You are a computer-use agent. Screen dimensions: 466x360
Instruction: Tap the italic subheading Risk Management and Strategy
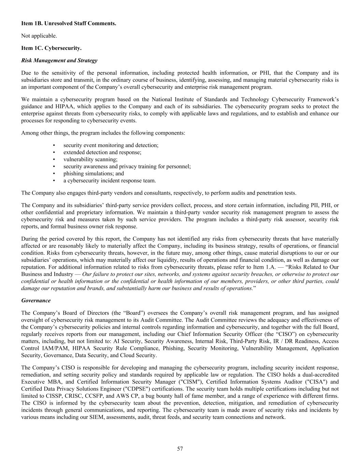(x=59, y=60)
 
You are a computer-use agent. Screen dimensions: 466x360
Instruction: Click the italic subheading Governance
(x=36, y=300)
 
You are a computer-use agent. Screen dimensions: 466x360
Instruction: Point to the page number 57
(x=180, y=449)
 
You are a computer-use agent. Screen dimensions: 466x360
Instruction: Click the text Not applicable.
(x=39, y=36)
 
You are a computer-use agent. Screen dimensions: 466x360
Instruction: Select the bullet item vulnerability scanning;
(x=90, y=159)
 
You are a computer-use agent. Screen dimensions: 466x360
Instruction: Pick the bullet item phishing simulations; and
(x=93, y=173)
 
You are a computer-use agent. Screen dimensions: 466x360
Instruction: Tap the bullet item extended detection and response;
(x=102, y=152)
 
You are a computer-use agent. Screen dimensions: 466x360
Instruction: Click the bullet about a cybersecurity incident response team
(x=110, y=181)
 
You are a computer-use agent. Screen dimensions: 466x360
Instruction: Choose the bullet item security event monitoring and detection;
(x=111, y=145)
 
